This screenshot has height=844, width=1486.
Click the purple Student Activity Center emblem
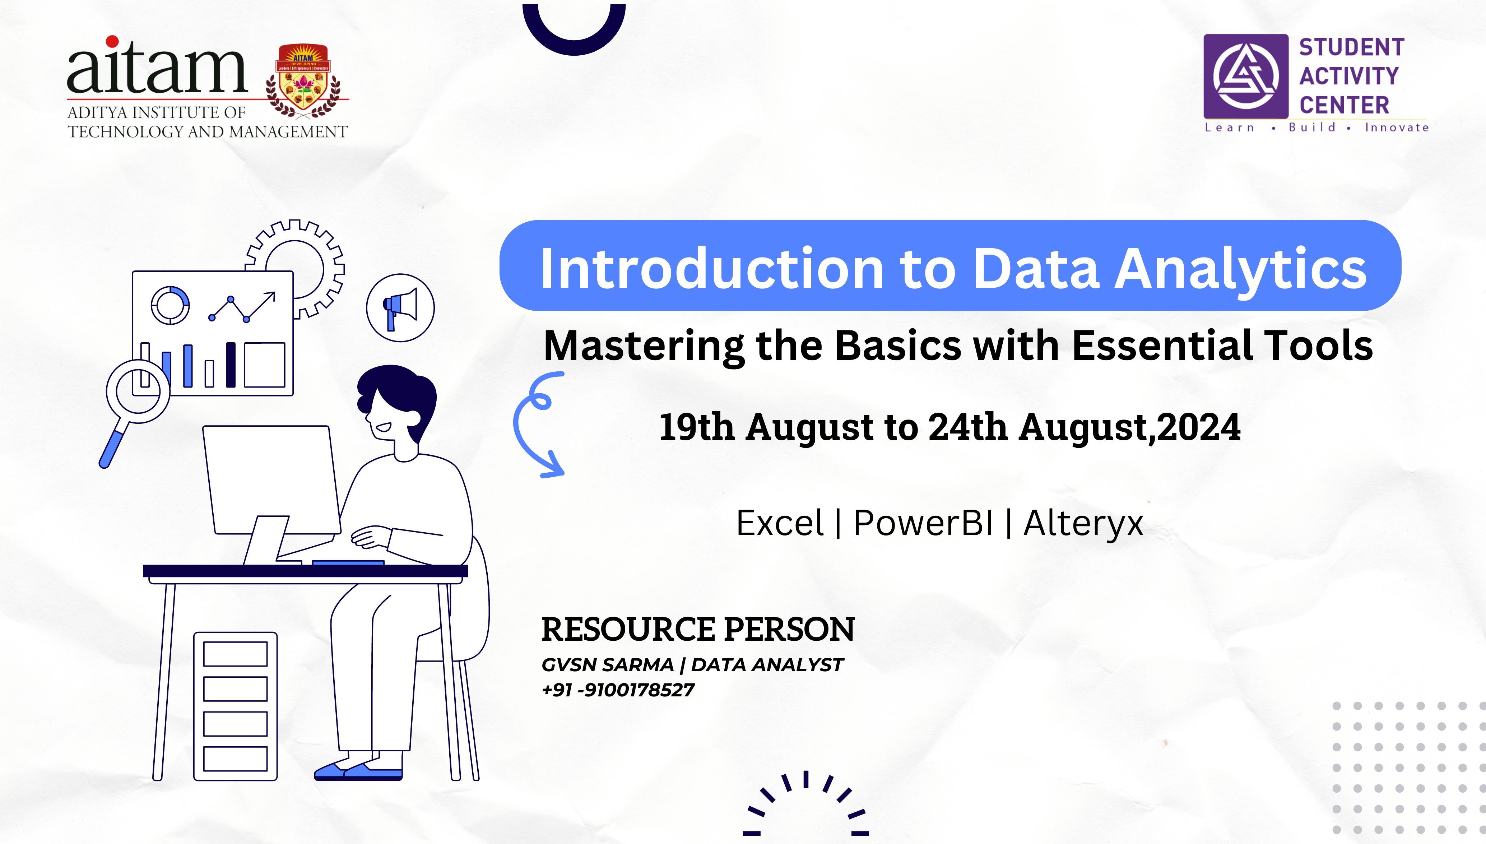[1246, 76]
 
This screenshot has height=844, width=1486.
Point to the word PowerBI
[923, 523]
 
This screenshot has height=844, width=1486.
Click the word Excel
[780, 523]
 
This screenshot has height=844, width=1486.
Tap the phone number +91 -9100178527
[618, 690]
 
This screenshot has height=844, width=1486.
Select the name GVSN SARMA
[607, 665]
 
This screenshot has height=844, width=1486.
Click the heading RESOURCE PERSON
[698, 630]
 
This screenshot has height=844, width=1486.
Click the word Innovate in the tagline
[1397, 127]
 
